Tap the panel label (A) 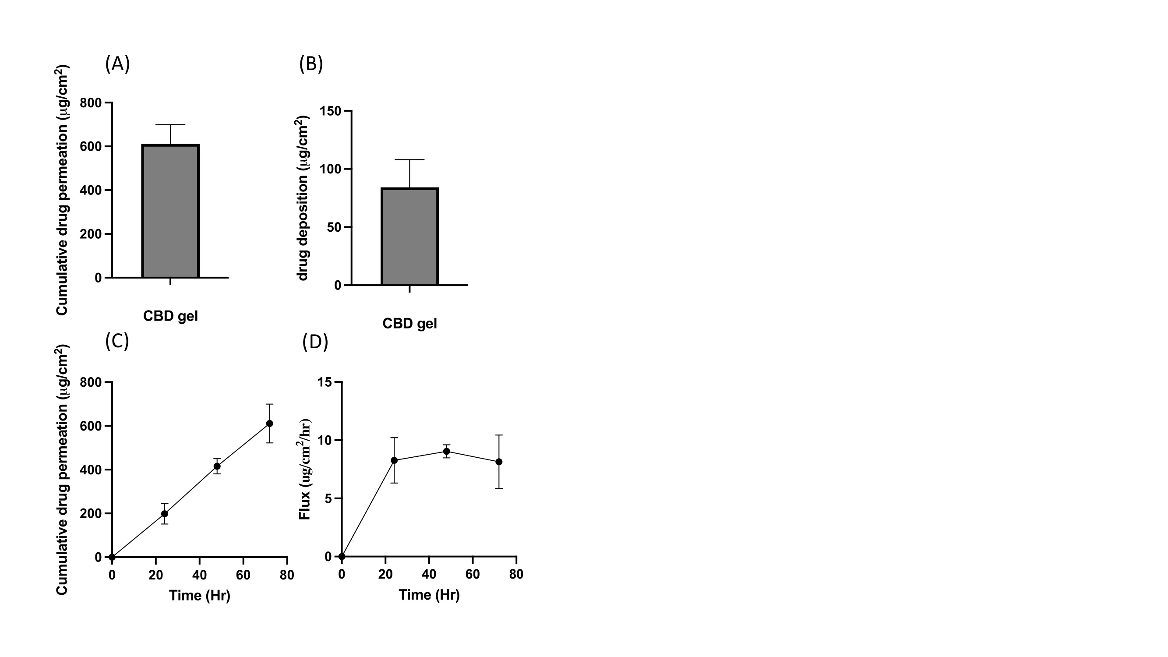click(x=117, y=64)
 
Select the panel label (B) click(x=311, y=64)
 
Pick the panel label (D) click(x=315, y=342)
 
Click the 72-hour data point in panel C click(x=269, y=424)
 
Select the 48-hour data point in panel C click(x=217, y=466)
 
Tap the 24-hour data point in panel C click(x=165, y=514)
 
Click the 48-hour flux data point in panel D click(x=447, y=451)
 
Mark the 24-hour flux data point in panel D click(x=394, y=460)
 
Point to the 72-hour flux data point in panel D click(x=499, y=462)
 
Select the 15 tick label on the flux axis click(x=325, y=382)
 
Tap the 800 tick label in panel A click(x=91, y=103)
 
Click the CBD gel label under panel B click(x=409, y=323)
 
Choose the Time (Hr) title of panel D click(x=429, y=594)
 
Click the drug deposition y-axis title click(x=303, y=198)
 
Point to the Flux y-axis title click(x=305, y=469)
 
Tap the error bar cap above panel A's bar click(x=170, y=125)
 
